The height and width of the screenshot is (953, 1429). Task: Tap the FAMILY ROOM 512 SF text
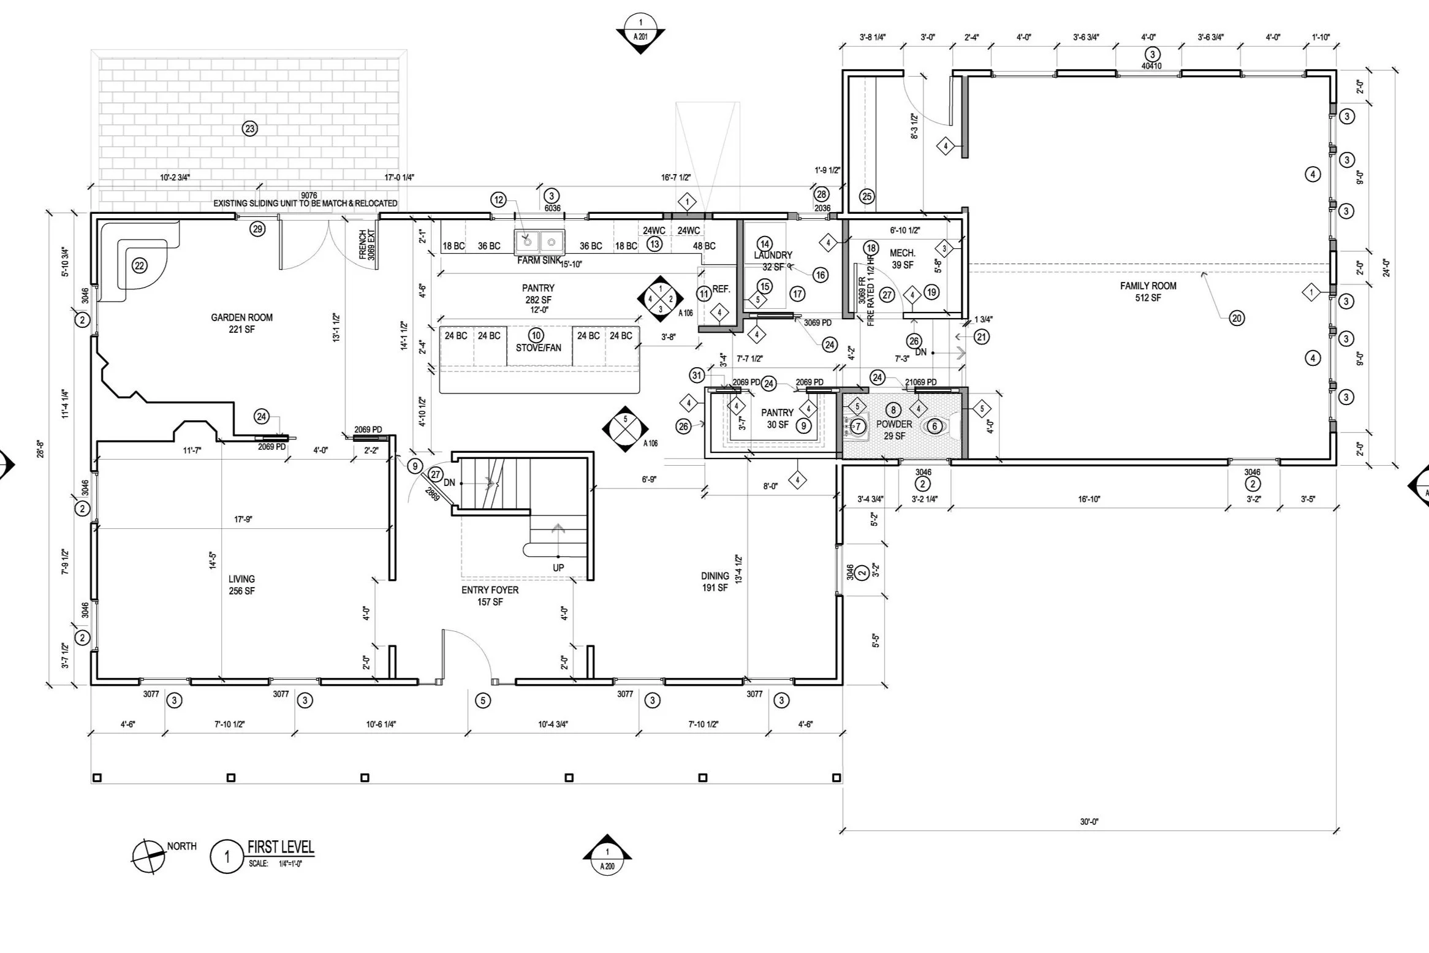pos(1148,292)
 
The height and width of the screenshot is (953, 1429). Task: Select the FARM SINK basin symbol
pos(539,241)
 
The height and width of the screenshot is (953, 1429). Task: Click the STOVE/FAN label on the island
pos(538,347)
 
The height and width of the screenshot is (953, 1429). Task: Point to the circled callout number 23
pos(249,129)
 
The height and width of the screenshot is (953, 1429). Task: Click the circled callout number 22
pos(140,265)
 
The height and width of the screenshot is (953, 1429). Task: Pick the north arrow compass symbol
pos(148,856)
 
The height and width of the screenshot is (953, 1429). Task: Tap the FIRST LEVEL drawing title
pos(280,848)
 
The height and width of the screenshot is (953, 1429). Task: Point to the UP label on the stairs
pos(558,568)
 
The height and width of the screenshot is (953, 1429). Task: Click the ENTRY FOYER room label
pos(490,596)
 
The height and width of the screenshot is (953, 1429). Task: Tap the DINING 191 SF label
pos(715,582)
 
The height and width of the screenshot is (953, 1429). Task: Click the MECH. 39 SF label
pos(902,259)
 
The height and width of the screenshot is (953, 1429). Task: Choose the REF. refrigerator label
pos(721,289)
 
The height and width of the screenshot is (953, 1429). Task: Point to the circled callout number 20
pos(1237,318)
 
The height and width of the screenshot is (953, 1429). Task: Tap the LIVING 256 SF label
pos(241,585)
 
